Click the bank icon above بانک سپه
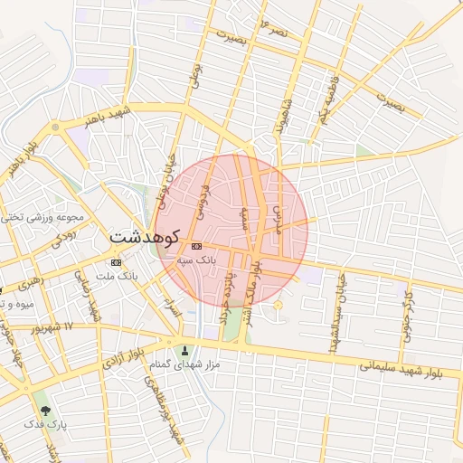[196, 246]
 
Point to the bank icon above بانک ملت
[116, 262]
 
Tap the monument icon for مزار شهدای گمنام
[186, 352]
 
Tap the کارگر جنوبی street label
[408, 309]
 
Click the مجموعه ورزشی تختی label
[43, 217]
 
